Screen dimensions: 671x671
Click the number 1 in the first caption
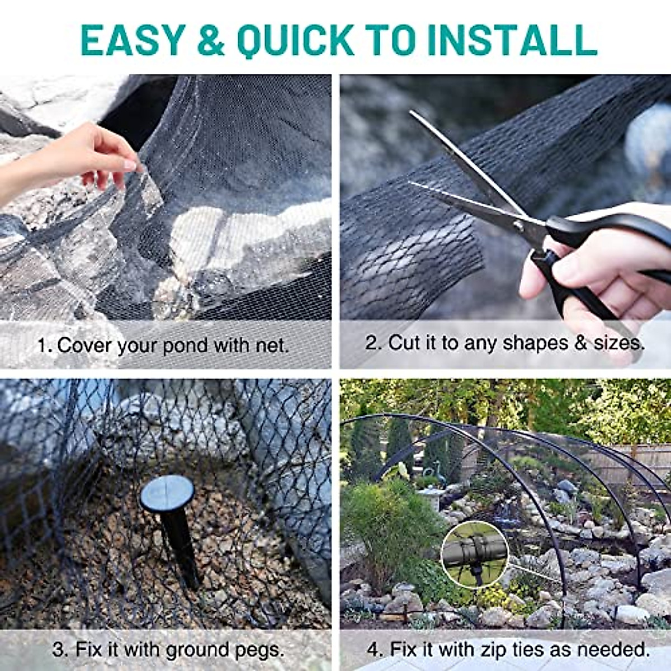click(x=42, y=346)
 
